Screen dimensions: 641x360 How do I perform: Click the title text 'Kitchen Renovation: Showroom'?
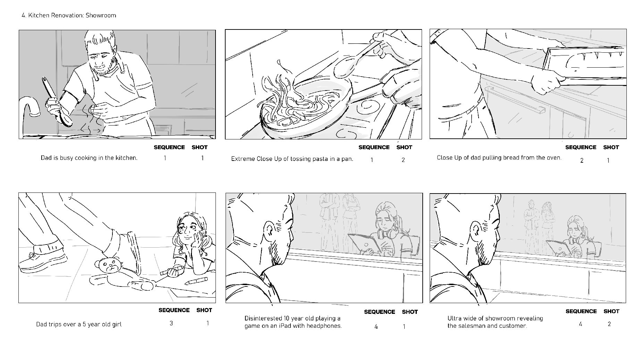point(72,15)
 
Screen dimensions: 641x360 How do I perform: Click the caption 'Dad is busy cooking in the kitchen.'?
point(89,158)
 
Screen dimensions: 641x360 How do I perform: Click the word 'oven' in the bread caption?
point(554,158)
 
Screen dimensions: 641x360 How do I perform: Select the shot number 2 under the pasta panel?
point(403,160)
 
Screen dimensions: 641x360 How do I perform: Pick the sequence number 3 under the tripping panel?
point(171,323)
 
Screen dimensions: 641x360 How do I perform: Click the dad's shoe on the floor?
point(43,258)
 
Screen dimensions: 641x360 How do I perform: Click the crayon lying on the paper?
point(196,281)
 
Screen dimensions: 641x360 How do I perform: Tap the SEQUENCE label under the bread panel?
point(581,147)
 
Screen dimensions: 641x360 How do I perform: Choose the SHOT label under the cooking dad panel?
point(200,147)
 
